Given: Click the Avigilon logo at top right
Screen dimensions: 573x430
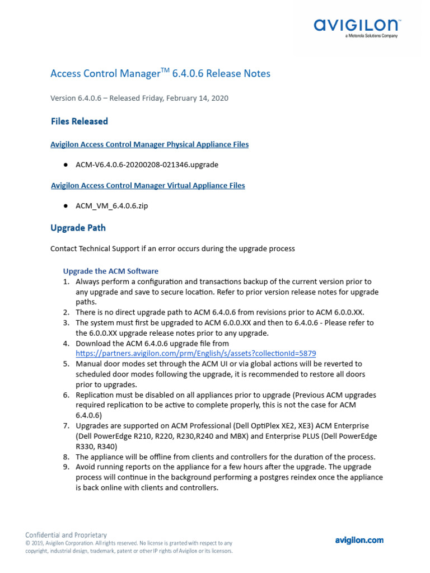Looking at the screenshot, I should coord(357,25).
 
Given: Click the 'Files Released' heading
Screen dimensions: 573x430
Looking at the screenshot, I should coord(79,121).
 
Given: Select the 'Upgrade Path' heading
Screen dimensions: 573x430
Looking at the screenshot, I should coord(78,228).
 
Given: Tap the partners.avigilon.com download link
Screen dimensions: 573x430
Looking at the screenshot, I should coord(196,354).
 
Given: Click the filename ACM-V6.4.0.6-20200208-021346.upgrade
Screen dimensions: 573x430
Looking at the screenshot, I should coord(147,165).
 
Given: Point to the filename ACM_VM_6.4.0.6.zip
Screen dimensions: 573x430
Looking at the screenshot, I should coord(112,206).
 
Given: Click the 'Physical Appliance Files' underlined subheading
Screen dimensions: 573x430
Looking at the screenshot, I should coord(149,144).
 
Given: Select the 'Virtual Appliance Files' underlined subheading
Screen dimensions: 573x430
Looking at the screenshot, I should coord(148,185).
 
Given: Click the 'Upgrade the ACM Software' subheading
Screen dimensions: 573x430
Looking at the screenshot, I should coord(110,271).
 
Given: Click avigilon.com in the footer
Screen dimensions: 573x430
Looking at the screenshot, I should coord(359,540).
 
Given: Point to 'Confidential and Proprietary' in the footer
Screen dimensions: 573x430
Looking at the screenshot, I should coord(66,535).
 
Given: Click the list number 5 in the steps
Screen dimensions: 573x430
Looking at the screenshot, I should coord(66,364).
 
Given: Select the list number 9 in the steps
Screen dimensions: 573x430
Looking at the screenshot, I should coord(66,467).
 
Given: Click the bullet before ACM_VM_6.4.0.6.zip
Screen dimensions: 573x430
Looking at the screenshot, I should coord(66,206).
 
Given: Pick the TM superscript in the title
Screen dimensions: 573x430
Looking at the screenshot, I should coord(165,69).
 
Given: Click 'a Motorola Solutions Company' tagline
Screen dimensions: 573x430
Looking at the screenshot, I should coord(371,36).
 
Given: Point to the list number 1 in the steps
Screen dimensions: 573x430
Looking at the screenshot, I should coord(66,281).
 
